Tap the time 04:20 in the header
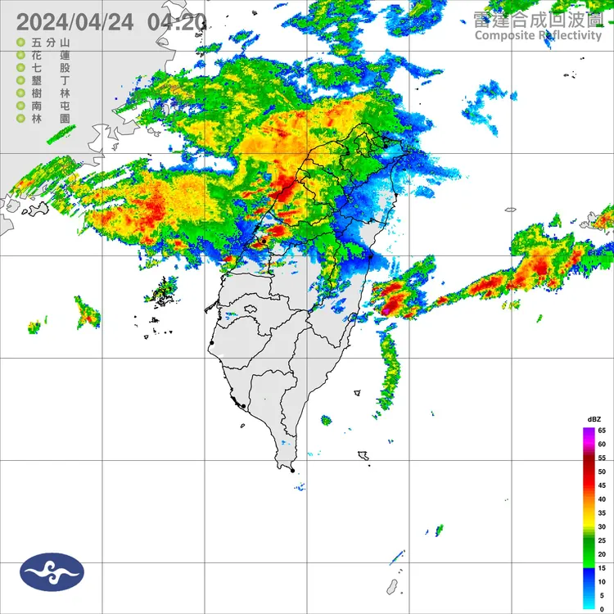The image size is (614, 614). (x=176, y=23)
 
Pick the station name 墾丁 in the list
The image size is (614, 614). (x=52, y=80)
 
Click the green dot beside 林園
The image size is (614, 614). (x=20, y=119)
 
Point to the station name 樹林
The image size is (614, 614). (x=52, y=93)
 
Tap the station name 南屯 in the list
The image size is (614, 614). (x=52, y=106)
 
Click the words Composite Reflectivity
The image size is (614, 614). (x=537, y=35)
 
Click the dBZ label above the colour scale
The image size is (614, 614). (x=593, y=419)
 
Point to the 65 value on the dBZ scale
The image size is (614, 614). (x=601, y=430)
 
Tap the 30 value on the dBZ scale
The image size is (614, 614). (x=601, y=526)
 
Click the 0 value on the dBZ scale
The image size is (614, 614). (x=601, y=609)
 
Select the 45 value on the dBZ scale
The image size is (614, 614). (x=601, y=485)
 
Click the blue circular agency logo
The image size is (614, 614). (x=52, y=572)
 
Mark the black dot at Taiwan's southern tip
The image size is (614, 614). (x=292, y=471)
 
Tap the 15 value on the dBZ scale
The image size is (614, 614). (x=601, y=568)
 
